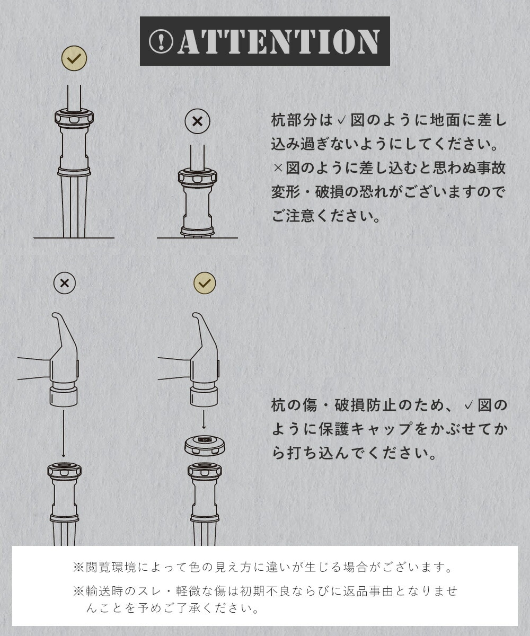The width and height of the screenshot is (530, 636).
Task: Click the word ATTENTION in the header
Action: [279, 42]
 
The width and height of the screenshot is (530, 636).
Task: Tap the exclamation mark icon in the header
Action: [161, 42]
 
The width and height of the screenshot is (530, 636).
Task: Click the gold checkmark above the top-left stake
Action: [74, 58]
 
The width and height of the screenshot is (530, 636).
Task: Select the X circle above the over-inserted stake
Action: [197, 121]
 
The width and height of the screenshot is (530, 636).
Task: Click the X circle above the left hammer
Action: [65, 283]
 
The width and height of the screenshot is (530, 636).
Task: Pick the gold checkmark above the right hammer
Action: [205, 283]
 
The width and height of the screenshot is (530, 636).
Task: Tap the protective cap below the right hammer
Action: [205, 446]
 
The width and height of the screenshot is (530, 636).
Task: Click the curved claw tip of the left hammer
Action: [55, 315]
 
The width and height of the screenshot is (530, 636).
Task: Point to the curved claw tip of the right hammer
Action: [195, 315]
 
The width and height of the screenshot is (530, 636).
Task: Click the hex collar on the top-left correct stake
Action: [74, 118]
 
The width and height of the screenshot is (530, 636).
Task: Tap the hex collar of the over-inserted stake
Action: [197, 178]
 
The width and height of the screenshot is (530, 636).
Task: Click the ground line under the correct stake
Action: [74, 238]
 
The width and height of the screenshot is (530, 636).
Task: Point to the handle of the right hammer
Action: [174, 368]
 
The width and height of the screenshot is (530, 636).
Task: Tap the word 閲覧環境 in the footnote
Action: [110, 567]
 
